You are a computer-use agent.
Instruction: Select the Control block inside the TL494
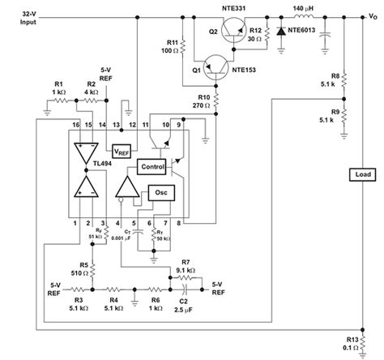coord(151,166)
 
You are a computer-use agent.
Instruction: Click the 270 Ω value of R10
coord(199,105)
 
